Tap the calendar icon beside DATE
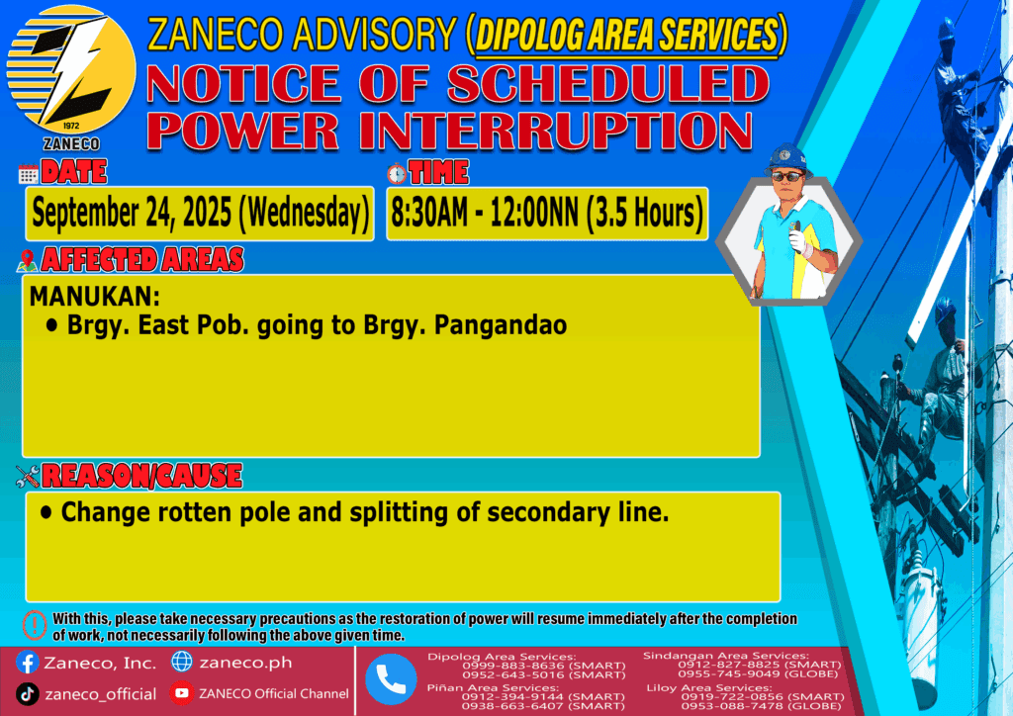[x=29, y=174]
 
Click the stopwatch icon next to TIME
[x=397, y=173]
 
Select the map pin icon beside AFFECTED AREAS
[x=27, y=260]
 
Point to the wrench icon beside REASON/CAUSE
[x=28, y=477]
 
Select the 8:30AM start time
[x=429, y=213]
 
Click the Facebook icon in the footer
[x=27, y=663]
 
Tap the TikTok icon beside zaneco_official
[x=27, y=694]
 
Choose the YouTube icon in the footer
[x=182, y=692]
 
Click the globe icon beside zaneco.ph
[x=182, y=662]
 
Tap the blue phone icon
[x=391, y=679]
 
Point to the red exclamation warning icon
[x=35, y=624]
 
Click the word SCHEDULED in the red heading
[x=608, y=85]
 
